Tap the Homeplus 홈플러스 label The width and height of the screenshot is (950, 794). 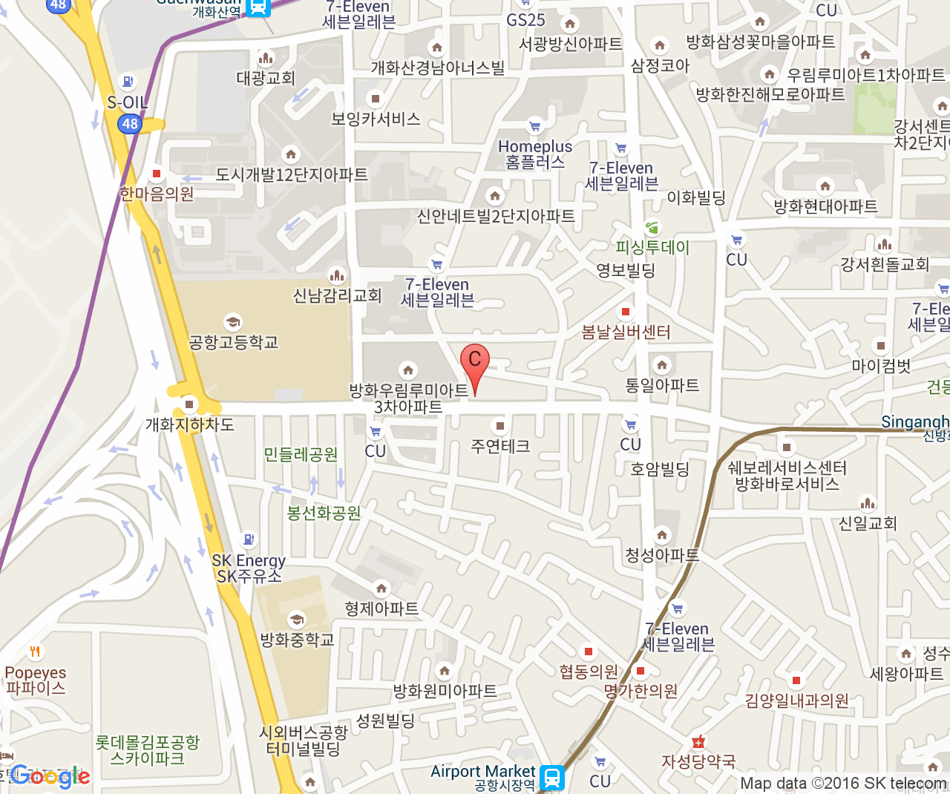(x=535, y=154)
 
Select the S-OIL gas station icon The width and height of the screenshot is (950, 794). (x=128, y=82)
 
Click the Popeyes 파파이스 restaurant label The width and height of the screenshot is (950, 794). (x=36, y=680)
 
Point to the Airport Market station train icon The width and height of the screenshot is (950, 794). (x=552, y=778)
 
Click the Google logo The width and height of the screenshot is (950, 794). (x=50, y=776)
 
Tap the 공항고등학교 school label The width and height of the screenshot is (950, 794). (x=233, y=342)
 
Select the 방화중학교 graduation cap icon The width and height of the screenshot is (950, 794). (x=297, y=620)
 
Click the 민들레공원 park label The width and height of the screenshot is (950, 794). (x=301, y=454)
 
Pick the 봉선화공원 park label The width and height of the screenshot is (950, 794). (x=324, y=513)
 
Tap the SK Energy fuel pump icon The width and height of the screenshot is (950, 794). (x=249, y=539)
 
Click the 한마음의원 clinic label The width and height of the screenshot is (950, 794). (x=157, y=194)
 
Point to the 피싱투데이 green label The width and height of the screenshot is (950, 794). (x=652, y=247)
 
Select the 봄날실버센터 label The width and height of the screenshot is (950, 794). (x=626, y=332)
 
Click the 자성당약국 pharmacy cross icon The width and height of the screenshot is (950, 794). (x=698, y=741)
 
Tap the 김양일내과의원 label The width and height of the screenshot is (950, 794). (x=796, y=701)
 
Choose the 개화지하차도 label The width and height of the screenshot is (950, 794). (x=189, y=424)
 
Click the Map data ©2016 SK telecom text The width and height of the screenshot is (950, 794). (x=843, y=784)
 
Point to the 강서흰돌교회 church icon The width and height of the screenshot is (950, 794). (x=885, y=244)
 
